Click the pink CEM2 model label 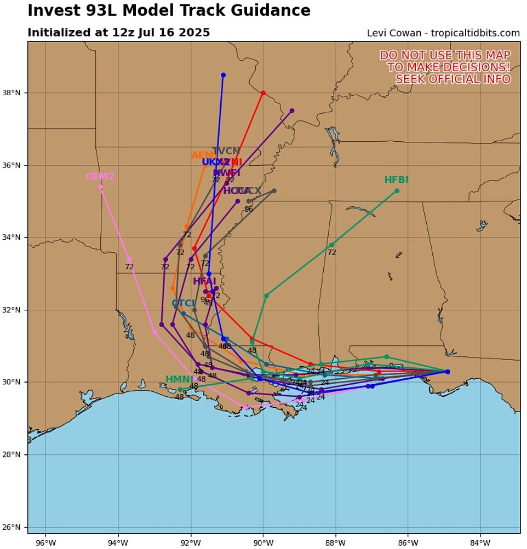pyautogui.click(x=100, y=176)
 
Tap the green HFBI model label pyautogui.click(x=396, y=180)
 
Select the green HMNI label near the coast pyautogui.click(x=180, y=379)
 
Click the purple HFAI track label pyautogui.click(x=204, y=281)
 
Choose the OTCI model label pyautogui.click(x=184, y=303)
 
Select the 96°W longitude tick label pyautogui.click(x=45, y=542)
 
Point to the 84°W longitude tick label pyautogui.click(x=480, y=542)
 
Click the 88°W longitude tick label pyautogui.click(x=335, y=542)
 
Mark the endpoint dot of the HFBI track pyautogui.click(x=397, y=191)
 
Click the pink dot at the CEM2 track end pyautogui.click(x=100, y=187)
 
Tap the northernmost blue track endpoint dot pyautogui.click(x=223, y=75)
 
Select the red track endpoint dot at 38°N pyautogui.click(x=263, y=93)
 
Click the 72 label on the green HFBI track pyautogui.click(x=331, y=252)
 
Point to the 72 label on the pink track pyautogui.click(x=129, y=267)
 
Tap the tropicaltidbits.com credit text pyautogui.click(x=475, y=33)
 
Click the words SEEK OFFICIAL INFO pyautogui.click(x=453, y=79)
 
